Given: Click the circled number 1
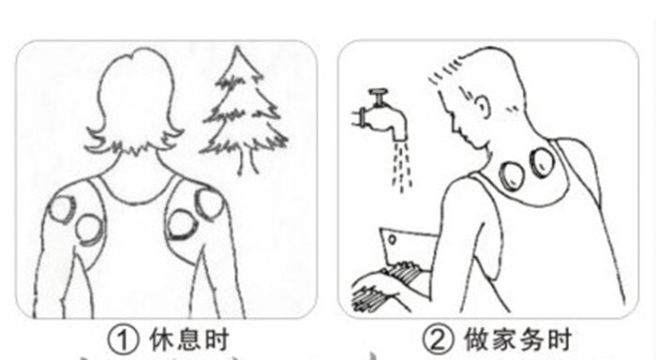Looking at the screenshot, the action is (x=123, y=339).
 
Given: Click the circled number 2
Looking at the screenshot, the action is (x=438, y=339).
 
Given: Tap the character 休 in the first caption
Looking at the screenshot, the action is (x=161, y=339).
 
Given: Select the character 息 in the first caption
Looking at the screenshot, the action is (x=188, y=339).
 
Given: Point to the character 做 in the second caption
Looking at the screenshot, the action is (x=476, y=339).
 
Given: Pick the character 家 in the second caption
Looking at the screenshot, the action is (x=504, y=339).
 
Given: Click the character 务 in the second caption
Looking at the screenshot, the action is (x=531, y=339).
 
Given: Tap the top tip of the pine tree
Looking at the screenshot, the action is (x=238, y=47).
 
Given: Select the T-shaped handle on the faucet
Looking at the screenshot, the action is (x=379, y=97).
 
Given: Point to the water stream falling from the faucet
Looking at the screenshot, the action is (x=402, y=167).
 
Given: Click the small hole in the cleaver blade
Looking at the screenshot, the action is (x=392, y=240).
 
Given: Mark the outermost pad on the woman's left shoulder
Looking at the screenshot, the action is (x=63, y=208).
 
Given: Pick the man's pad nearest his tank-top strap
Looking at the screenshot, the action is (x=543, y=161).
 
